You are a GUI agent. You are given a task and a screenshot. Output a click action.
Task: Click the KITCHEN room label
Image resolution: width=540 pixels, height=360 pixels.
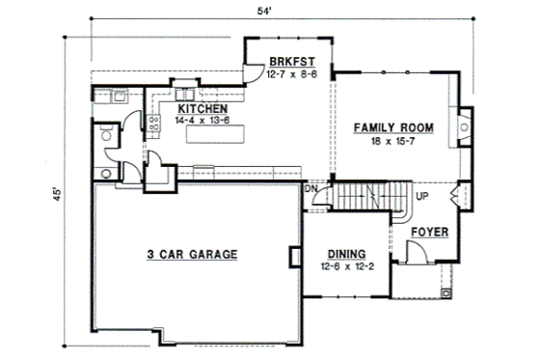point(202,109)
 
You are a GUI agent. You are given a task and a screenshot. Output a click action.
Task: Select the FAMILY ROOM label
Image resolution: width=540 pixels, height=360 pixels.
point(391,126)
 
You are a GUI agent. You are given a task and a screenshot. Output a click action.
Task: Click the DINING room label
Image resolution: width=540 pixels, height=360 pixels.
point(344,247)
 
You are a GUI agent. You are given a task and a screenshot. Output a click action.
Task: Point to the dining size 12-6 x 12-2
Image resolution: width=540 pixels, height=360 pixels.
point(344,259)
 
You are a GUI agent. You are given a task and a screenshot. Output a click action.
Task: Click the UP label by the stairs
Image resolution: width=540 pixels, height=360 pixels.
point(421,196)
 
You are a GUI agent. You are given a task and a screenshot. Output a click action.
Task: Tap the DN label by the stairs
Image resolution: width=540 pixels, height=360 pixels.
point(311,189)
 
